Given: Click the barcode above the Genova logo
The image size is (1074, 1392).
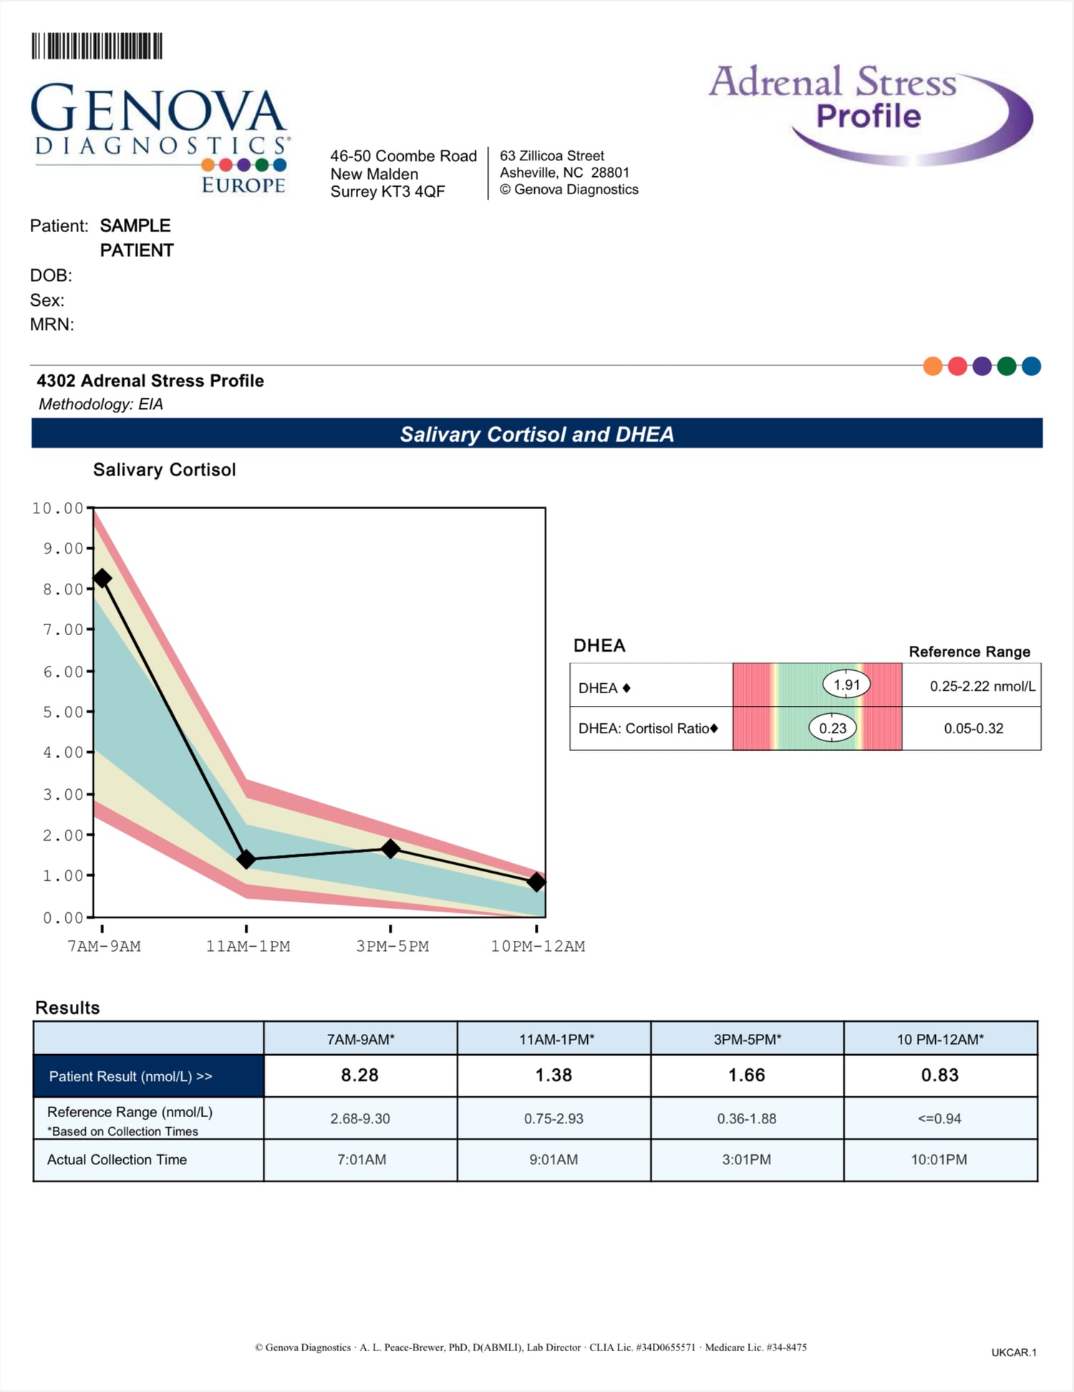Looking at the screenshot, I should coord(97,46).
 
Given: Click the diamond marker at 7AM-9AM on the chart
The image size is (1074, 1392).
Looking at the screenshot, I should coord(102,578).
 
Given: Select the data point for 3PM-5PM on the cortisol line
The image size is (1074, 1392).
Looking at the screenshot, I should coord(390,849).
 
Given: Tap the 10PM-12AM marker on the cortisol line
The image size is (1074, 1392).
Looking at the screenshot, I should coord(536,882).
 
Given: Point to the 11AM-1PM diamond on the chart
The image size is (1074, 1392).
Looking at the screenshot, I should coord(246,859).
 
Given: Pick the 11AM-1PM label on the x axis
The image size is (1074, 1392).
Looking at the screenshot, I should coord(248,946).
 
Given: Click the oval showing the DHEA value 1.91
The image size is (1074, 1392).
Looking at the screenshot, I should coord(846,685).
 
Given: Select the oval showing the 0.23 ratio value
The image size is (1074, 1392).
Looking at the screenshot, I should coord(833,728).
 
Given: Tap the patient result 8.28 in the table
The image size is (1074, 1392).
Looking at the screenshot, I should coord(359,1075).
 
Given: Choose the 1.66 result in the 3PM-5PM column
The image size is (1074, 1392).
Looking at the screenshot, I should coord(746,1075).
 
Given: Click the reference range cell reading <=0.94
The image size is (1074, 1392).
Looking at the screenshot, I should coord(939,1118).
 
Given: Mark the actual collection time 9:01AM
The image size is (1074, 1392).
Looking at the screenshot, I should coord(553,1159).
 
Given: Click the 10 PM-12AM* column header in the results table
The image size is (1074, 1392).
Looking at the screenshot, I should coord(940,1039).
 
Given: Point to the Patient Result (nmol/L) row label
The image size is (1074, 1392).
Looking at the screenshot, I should coord(130,1076).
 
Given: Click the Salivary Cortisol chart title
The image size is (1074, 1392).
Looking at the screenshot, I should coord(164,470).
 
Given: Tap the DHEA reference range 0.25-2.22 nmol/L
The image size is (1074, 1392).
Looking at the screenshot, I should coord(982,686).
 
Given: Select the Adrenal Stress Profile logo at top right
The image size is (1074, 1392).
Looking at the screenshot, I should coord(870,111).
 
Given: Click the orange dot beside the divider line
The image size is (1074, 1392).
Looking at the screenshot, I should coord(933,367).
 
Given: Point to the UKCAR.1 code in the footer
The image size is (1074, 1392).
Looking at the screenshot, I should coord(1013,1353).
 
